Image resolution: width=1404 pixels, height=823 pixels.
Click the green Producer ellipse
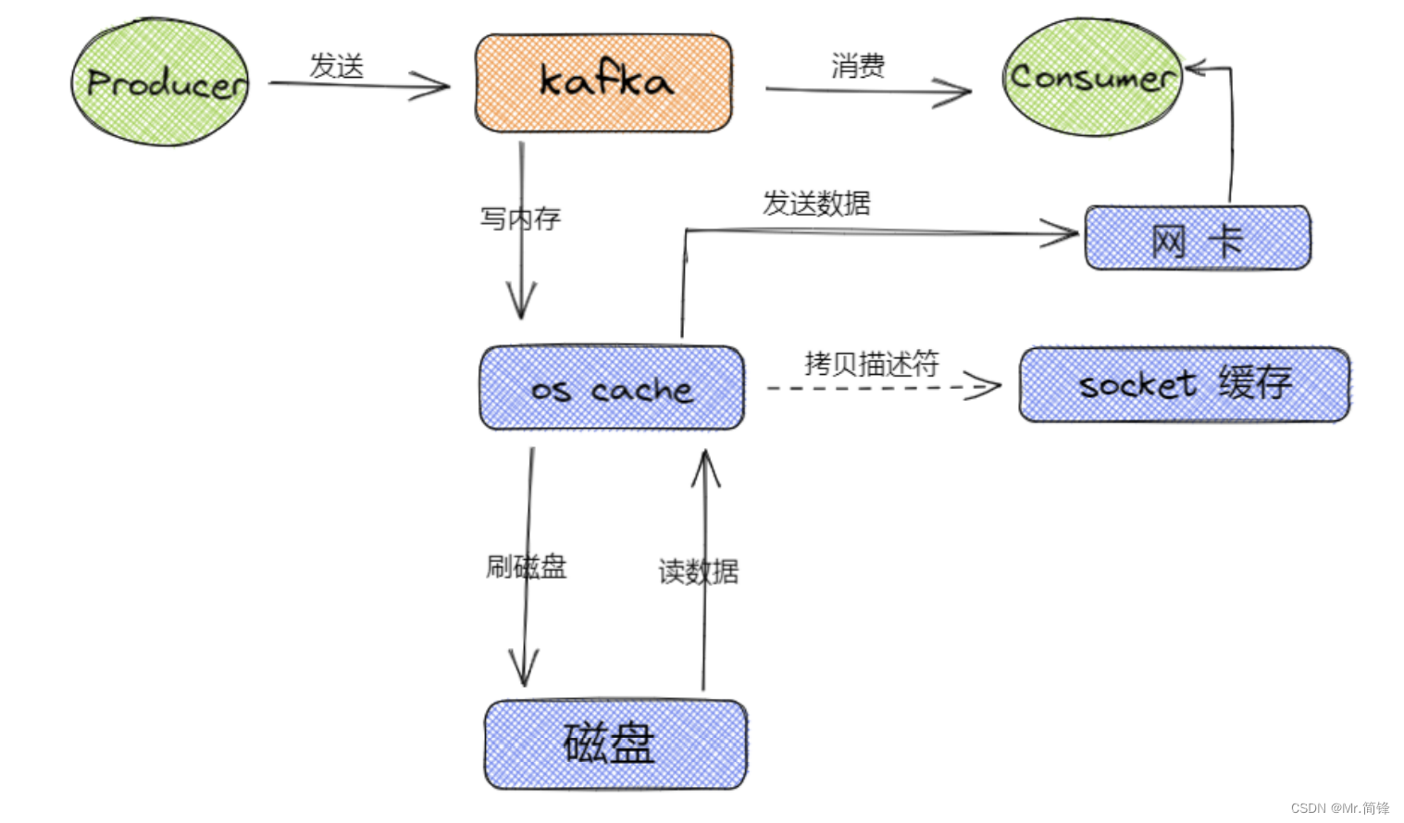160,83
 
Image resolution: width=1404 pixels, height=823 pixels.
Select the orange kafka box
603,83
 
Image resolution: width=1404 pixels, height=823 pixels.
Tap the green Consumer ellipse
1091,78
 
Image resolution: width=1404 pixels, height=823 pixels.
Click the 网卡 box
1198,239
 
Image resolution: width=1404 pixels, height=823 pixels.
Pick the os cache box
612,389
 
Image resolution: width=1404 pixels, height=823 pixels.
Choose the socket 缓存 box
1185,384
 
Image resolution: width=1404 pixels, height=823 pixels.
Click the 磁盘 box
615,744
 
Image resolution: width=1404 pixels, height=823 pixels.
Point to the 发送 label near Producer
336,66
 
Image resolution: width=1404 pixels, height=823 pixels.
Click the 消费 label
857,66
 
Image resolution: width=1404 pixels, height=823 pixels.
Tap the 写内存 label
520,218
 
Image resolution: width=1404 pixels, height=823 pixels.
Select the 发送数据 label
816,203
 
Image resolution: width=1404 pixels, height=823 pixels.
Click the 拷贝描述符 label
871,363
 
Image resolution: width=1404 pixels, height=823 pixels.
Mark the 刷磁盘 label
526,566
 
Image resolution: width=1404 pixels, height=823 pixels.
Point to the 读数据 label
698,571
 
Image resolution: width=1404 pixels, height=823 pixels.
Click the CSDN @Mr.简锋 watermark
1339,807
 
